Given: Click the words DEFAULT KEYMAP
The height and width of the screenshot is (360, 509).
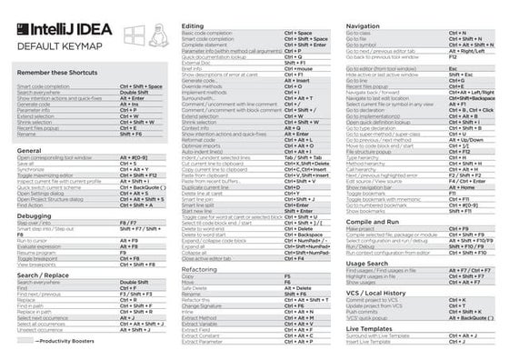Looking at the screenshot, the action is coord(54,47).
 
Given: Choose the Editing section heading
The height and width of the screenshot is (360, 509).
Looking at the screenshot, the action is coord(193,26).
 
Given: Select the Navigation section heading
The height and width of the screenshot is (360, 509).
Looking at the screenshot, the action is coord(364,26).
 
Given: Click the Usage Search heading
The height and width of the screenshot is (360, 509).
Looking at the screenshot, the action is coord(367,263).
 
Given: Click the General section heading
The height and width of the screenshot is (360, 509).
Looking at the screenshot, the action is coord(29,150).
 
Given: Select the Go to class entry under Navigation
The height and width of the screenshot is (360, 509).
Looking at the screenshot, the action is coord(361,34).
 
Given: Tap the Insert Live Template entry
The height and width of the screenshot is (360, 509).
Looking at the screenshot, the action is coord(369,342).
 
